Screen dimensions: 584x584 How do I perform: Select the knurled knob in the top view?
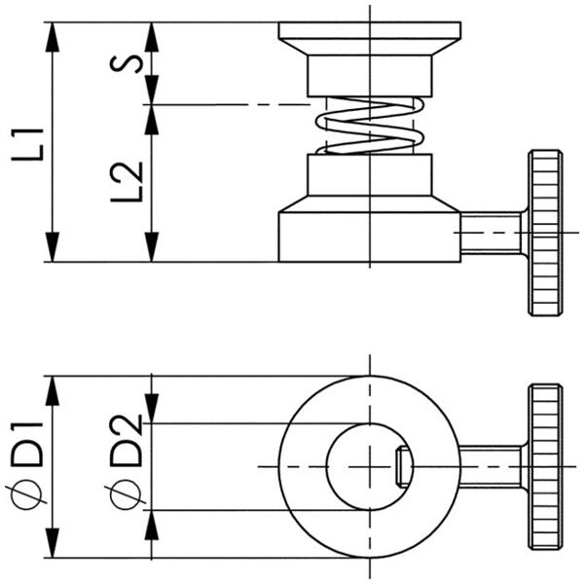click(x=545, y=466)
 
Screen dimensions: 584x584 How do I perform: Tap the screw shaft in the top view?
click(x=492, y=466)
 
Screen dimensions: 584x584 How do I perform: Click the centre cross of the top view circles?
click(x=370, y=466)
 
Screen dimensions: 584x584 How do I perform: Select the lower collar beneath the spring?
click(x=370, y=175)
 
